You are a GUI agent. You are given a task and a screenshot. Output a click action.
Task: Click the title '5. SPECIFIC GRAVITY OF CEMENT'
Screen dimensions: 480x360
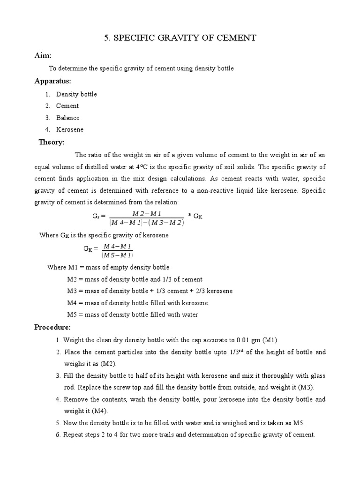(x=180, y=38)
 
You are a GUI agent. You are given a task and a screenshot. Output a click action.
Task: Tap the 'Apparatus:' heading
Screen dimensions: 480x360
(x=52, y=81)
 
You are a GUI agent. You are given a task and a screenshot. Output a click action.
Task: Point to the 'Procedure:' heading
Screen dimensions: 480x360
(x=52, y=327)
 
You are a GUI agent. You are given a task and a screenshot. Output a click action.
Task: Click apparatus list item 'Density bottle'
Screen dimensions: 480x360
(x=76, y=94)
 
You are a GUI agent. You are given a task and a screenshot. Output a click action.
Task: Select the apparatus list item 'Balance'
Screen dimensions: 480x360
(x=68, y=118)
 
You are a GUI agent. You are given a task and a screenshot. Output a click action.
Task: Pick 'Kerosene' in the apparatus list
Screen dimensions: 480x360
(x=70, y=129)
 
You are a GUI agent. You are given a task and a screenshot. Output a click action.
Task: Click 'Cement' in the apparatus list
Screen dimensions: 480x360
(x=67, y=106)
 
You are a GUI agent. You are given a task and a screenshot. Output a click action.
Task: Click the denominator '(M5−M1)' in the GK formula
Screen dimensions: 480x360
(x=117, y=255)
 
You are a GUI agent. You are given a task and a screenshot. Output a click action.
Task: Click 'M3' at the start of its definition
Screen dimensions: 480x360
(x=73, y=291)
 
